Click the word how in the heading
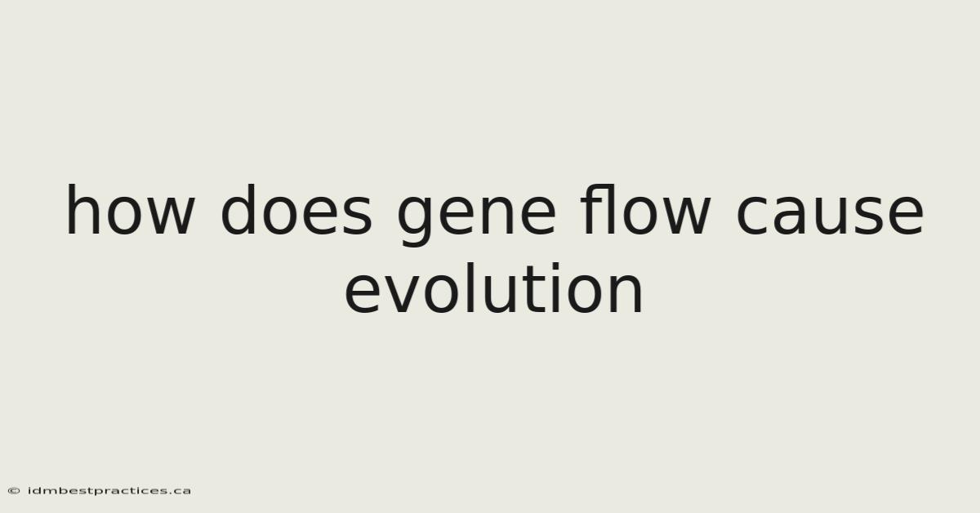(x=130, y=210)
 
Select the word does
(x=296, y=210)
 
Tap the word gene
(x=476, y=216)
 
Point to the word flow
(x=645, y=209)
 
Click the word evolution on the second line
(x=493, y=288)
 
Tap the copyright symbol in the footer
(x=14, y=491)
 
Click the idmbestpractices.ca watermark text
(x=109, y=491)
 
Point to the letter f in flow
(x=594, y=209)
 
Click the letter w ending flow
(x=685, y=216)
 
